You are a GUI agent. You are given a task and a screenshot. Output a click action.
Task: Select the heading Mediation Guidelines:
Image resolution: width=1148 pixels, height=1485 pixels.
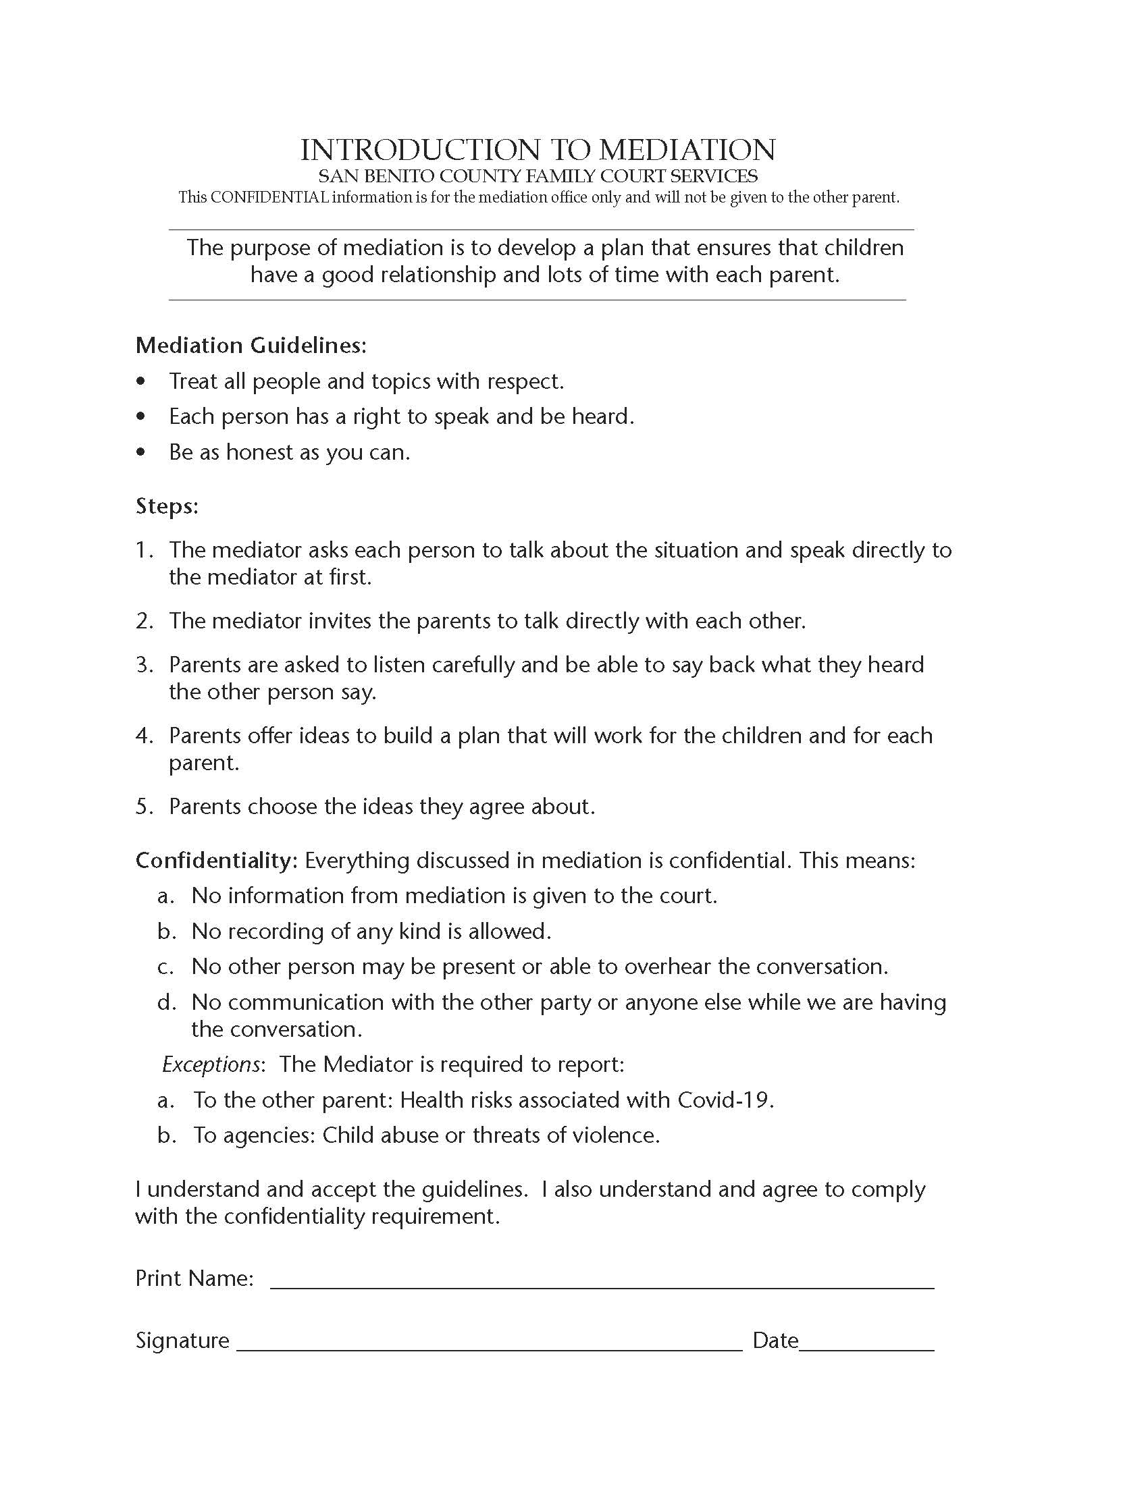(251, 346)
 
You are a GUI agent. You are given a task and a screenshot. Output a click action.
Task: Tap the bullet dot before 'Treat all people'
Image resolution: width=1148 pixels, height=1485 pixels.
(140, 381)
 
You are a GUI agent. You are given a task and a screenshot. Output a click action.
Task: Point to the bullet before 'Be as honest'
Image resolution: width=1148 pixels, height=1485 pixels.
(140, 452)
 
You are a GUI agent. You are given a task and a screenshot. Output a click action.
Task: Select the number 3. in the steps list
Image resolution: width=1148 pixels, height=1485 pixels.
(145, 664)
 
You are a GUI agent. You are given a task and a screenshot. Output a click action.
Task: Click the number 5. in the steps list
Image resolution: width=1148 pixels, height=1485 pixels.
(145, 807)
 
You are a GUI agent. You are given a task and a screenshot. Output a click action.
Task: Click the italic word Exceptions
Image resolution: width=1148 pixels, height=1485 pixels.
(211, 1064)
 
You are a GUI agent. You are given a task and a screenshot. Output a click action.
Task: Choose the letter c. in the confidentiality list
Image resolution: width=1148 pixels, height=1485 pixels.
(165, 966)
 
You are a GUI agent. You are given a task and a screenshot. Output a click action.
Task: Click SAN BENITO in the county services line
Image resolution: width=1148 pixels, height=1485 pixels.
(376, 176)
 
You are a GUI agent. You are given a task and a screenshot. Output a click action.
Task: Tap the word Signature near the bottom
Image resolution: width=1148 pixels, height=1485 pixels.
(182, 1341)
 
